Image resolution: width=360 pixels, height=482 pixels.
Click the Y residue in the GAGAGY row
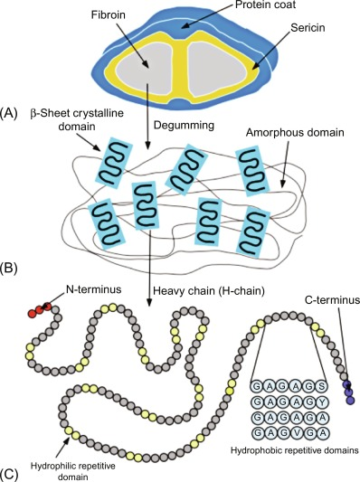coord(329,400)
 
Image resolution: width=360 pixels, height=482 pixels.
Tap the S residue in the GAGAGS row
coord(329,384)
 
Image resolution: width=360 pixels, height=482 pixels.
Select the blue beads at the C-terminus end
coord(348,389)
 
